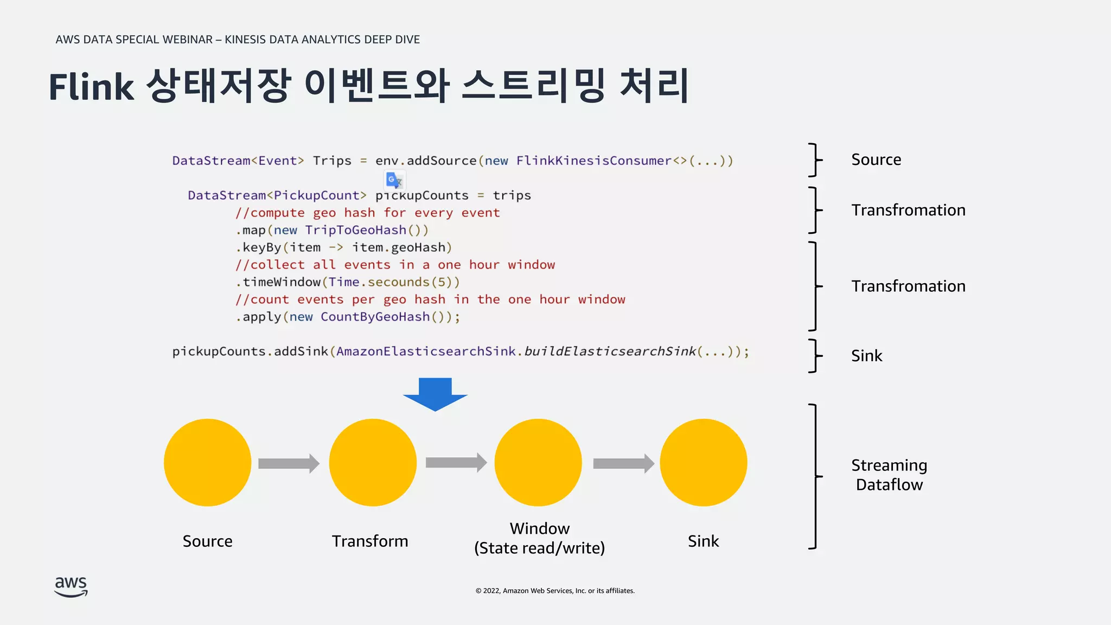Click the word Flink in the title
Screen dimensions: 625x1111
(x=91, y=87)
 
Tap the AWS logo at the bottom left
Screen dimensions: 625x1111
(x=71, y=586)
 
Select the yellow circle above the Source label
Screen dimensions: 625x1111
(x=207, y=462)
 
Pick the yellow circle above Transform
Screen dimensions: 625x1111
(x=373, y=462)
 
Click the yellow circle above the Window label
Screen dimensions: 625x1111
(x=538, y=462)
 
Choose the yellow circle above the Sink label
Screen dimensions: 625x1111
(x=703, y=462)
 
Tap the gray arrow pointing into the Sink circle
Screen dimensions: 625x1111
(x=623, y=463)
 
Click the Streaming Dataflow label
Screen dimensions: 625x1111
(x=889, y=475)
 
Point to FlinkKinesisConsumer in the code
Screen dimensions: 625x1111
(x=593, y=161)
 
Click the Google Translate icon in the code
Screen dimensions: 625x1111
(x=394, y=180)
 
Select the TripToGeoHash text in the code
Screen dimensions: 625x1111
(x=355, y=230)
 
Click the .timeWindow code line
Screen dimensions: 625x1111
(x=348, y=282)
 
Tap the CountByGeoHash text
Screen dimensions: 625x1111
(x=375, y=317)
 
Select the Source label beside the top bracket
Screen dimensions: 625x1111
(x=876, y=160)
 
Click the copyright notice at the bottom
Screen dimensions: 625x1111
(x=555, y=591)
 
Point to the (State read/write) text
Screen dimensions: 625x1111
(x=539, y=548)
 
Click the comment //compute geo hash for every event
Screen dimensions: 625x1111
(x=367, y=213)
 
